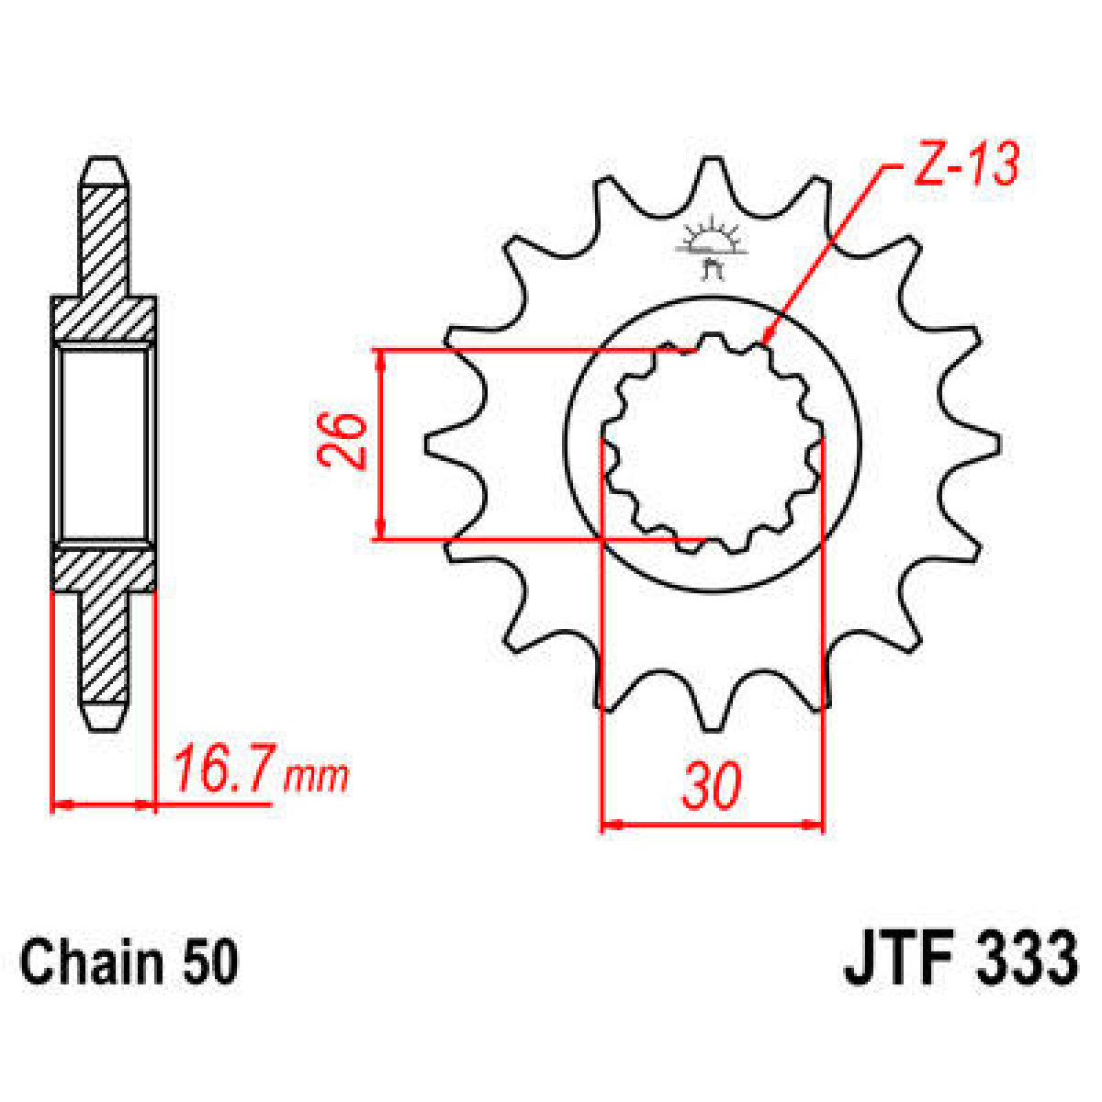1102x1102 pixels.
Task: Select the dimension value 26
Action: pyautogui.click(x=345, y=442)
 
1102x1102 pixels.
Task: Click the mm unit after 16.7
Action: pyautogui.click(x=317, y=777)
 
